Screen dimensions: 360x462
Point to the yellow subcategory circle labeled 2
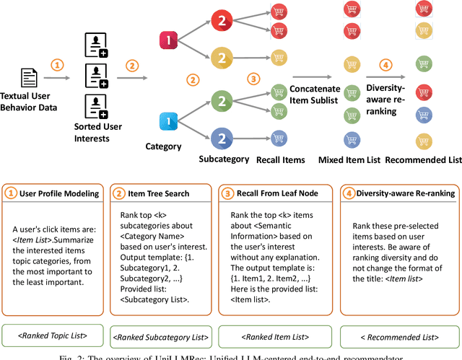222,57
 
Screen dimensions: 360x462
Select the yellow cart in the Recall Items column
279,57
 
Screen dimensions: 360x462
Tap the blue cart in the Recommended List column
424,114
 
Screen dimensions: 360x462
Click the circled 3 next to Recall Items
253,78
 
